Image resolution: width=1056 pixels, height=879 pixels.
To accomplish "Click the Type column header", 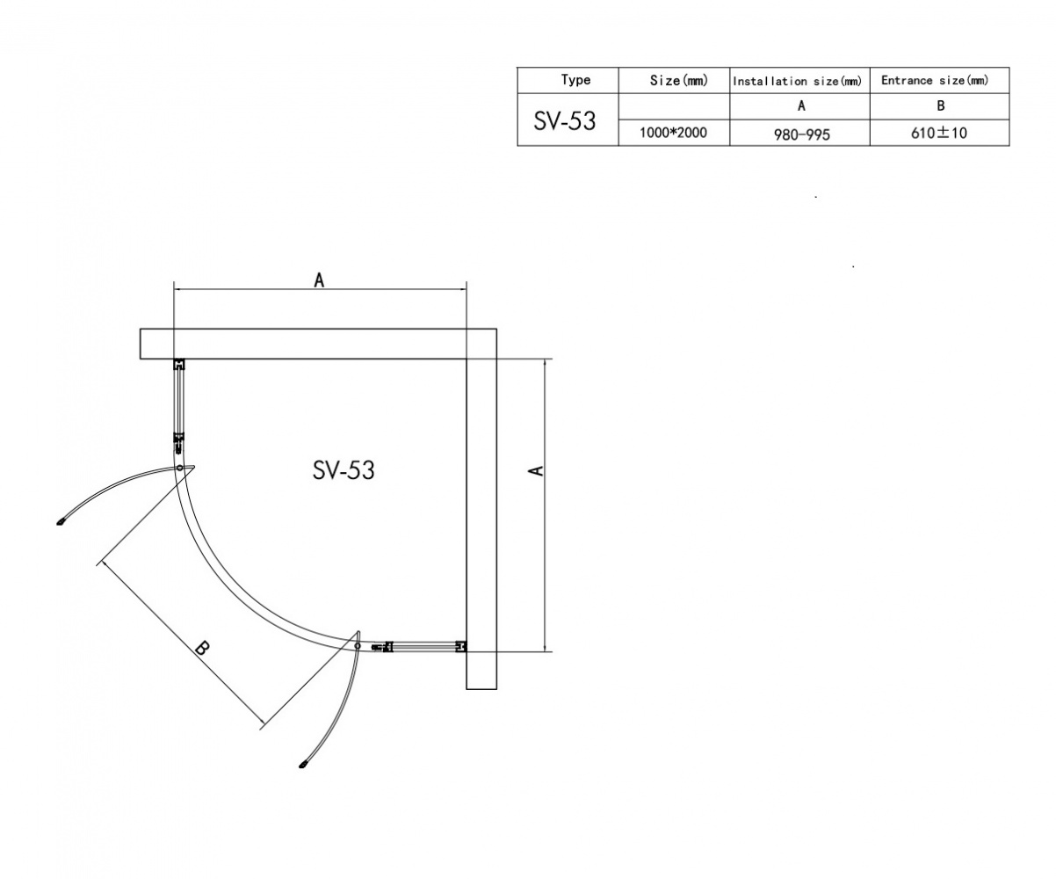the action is click(x=575, y=80).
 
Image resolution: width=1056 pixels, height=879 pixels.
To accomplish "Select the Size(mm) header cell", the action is click(x=679, y=80).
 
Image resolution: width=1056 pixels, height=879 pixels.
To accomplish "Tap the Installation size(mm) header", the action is click(x=797, y=81).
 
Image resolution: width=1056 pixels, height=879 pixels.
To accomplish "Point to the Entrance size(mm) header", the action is click(x=935, y=80).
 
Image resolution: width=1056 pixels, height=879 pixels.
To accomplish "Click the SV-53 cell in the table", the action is click(x=564, y=121).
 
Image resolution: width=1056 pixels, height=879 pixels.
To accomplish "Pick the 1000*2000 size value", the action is click(x=673, y=133).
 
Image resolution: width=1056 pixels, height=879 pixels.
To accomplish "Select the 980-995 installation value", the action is click(x=801, y=134).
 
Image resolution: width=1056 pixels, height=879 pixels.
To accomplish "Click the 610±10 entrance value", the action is click(x=938, y=133).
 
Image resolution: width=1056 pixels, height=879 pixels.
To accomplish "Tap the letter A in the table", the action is click(x=801, y=105).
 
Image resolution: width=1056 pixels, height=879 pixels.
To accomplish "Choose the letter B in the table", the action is click(x=941, y=105).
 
